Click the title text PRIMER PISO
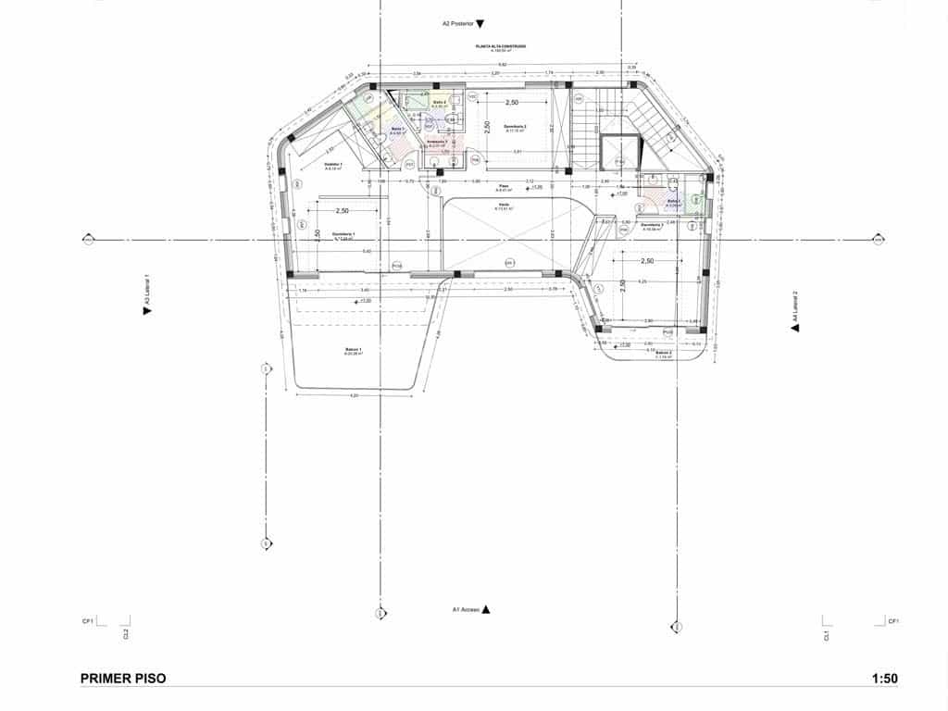[x=123, y=679]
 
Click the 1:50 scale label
[x=884, y=679]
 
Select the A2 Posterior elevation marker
[x=463, y=23]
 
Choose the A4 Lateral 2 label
[x=793, y=310]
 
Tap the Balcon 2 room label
[x=663, y=353]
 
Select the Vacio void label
[x=503, y=206]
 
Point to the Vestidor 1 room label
[x=333, y=166]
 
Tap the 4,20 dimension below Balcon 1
[x=354, y=396]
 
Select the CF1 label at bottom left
[x=86, y=621]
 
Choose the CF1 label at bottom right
[x=892, y=621]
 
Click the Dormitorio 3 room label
[x=515, y=127]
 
